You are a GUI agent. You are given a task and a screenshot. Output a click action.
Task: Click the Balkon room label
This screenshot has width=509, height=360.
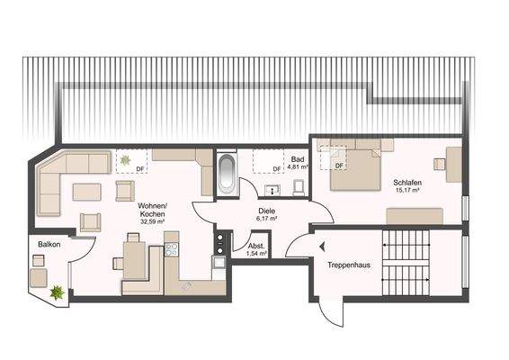49,245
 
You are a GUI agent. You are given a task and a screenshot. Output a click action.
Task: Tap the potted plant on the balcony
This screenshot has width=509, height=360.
58,292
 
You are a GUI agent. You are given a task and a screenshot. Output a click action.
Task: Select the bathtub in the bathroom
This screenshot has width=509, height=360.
226,174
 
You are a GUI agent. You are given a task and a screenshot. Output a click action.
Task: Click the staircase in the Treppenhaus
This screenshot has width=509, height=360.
406,263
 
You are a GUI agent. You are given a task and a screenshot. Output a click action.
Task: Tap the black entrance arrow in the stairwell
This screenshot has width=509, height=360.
321,248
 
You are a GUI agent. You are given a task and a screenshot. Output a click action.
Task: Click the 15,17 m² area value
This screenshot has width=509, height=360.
407,190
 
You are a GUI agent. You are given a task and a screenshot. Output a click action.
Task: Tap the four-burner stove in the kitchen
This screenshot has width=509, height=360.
219,240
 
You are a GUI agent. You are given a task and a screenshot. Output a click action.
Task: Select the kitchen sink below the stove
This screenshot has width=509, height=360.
219,263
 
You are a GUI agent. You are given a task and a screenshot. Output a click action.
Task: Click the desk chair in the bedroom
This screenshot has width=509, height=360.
439,164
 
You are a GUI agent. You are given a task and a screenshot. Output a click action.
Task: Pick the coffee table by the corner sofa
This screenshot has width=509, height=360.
87,192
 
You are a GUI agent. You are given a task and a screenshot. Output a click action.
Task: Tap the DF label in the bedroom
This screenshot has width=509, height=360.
339,166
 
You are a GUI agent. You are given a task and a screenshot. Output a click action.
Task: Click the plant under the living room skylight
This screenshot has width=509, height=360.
124,160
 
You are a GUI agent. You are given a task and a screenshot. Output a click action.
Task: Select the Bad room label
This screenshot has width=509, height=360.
297,159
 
